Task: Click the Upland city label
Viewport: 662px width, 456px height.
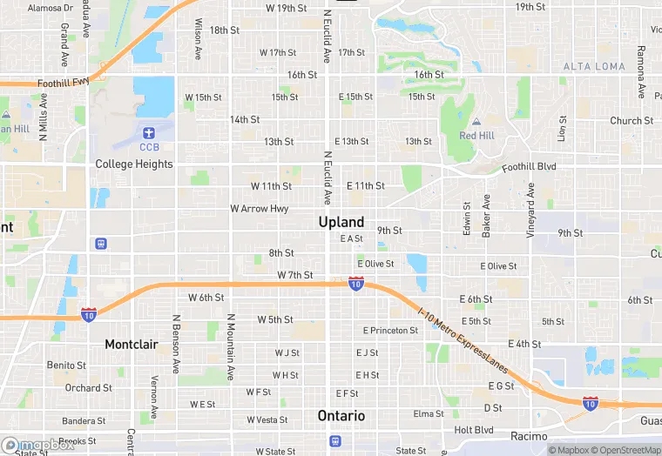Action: (x=341, y=222)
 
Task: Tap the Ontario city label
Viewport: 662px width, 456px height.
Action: (x=341, y=415)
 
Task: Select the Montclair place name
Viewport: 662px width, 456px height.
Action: (x=132, y=345)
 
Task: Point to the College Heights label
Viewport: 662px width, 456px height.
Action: (x=134, y=164)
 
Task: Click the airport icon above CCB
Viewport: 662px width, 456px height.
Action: (x=147, y=133)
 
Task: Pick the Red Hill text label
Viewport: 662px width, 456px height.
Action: (x=476, y=136)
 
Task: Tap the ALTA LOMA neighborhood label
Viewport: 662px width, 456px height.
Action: (x=594, y=66)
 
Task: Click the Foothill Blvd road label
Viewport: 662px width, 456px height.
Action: (x=529, y=167)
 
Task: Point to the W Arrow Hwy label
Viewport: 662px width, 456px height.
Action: (x=259, y=209)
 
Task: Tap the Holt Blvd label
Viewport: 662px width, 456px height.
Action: (x=474, y=430)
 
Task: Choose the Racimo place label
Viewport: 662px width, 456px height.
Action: (x=529, y=436)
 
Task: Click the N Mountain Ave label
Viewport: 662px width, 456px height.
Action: (x=231, y=347)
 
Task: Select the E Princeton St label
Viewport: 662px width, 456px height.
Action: (x=391, y=331)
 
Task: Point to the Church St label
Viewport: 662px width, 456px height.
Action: (x=632, y=121)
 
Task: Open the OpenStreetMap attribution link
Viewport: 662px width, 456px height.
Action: (x=626, y=450)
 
